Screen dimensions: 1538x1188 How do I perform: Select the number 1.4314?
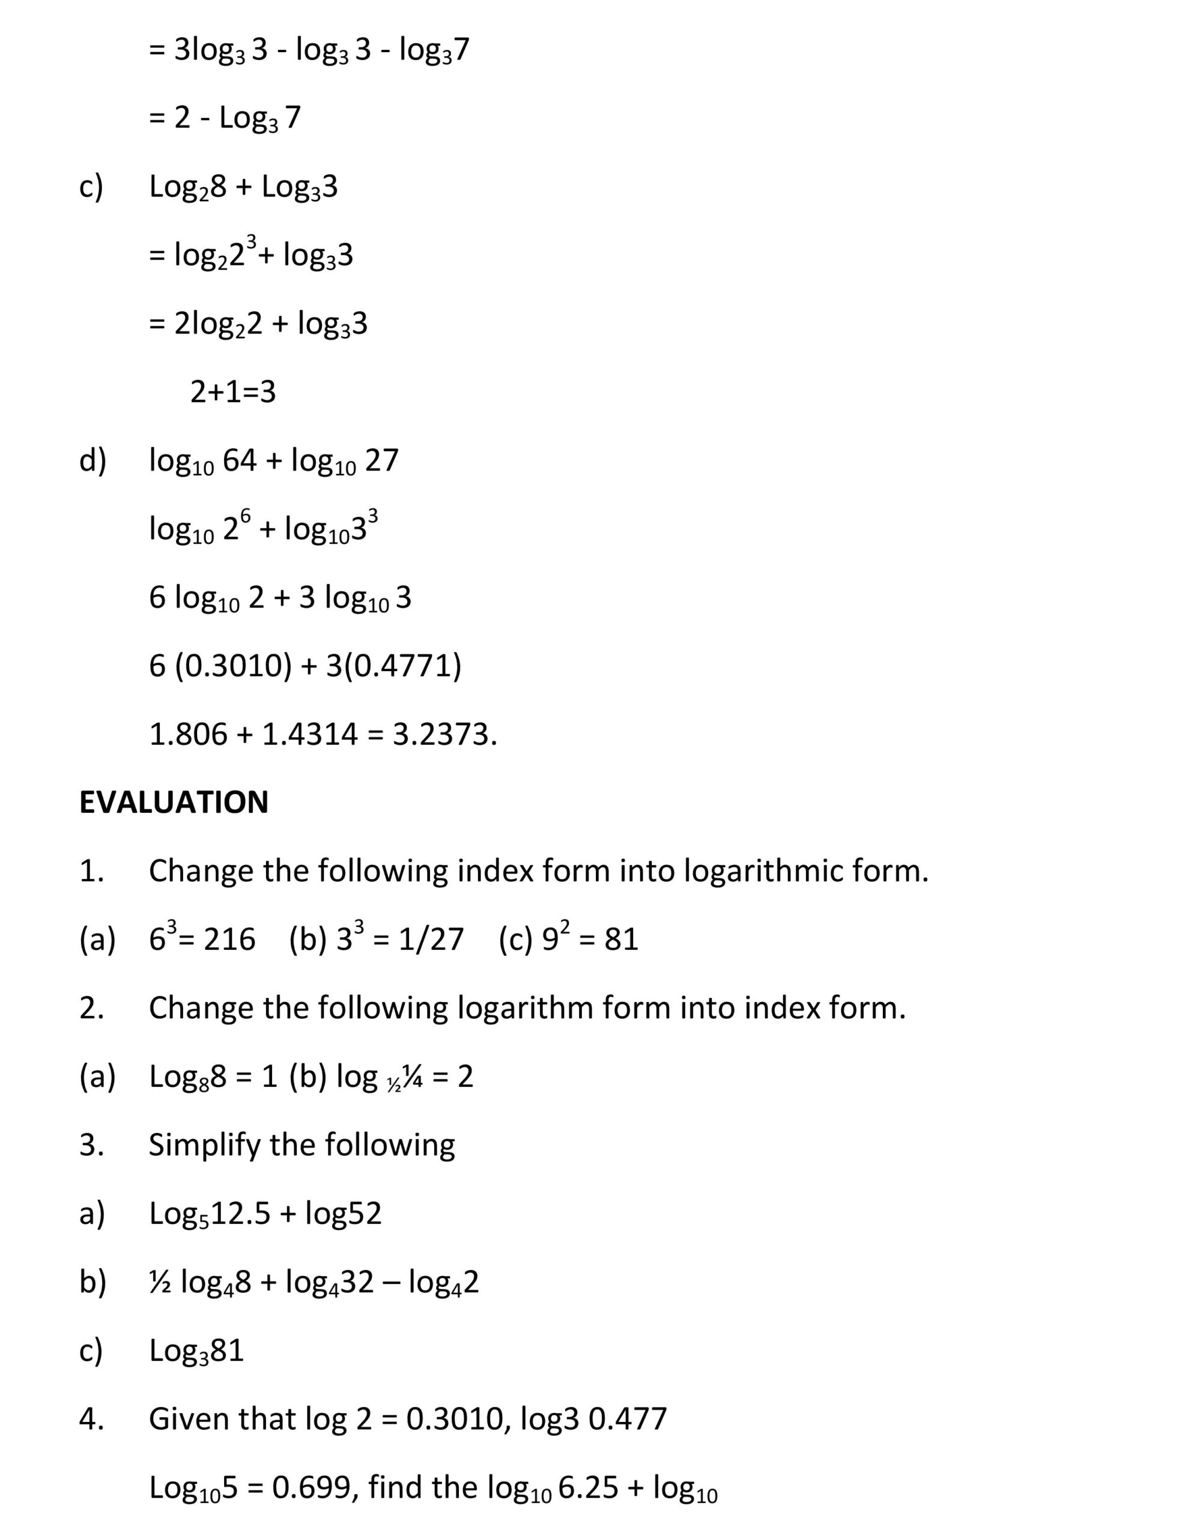[310, 735]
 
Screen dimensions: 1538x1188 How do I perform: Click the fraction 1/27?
[431, 940]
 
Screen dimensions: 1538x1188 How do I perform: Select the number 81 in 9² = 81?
[621, 940]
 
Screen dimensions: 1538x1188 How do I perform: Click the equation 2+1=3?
[233, 392]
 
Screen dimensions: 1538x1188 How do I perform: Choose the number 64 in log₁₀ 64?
[240, 461]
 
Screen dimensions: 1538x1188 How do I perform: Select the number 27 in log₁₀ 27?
[381, 461]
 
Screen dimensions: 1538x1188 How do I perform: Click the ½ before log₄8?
[159, 1281]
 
